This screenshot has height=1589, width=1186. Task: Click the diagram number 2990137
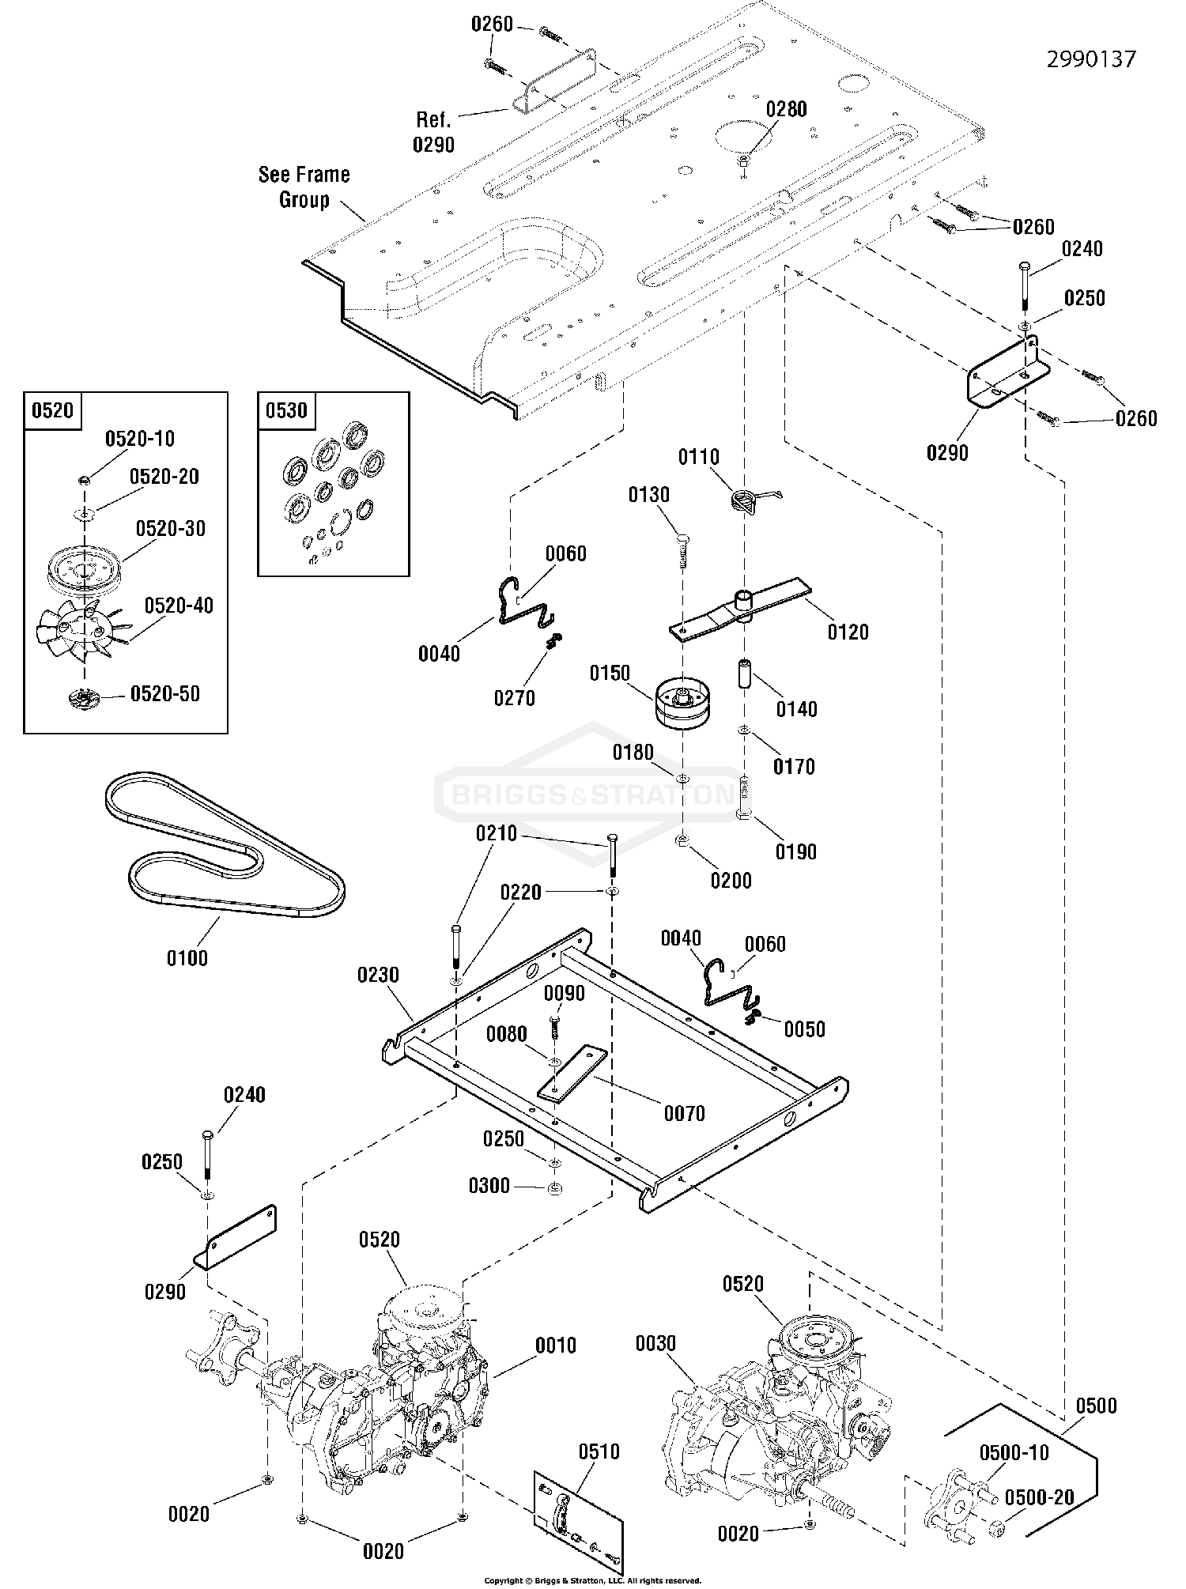tap(1091, 59)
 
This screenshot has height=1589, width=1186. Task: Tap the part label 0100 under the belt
tap(187, 958)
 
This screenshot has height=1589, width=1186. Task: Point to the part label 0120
tap(848, 632)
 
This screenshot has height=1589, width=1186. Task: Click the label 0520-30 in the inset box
tap(170, 528)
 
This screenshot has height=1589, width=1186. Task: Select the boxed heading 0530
tap(286, 411)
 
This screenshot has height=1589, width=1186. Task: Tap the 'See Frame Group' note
tap(304, 187)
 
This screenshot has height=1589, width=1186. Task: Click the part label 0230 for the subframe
tap(378, 975)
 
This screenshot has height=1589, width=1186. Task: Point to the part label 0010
tap(556, 1345)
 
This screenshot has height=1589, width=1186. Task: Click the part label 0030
tap(655, 1343)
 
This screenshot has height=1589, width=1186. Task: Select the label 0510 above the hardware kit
tap(599, 1451)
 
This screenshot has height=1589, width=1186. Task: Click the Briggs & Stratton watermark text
tap(589, 793)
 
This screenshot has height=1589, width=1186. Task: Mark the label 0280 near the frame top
tap(786, 109)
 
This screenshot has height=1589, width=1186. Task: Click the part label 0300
tap(489, 1186)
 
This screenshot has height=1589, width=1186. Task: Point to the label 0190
tap(795, 851)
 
